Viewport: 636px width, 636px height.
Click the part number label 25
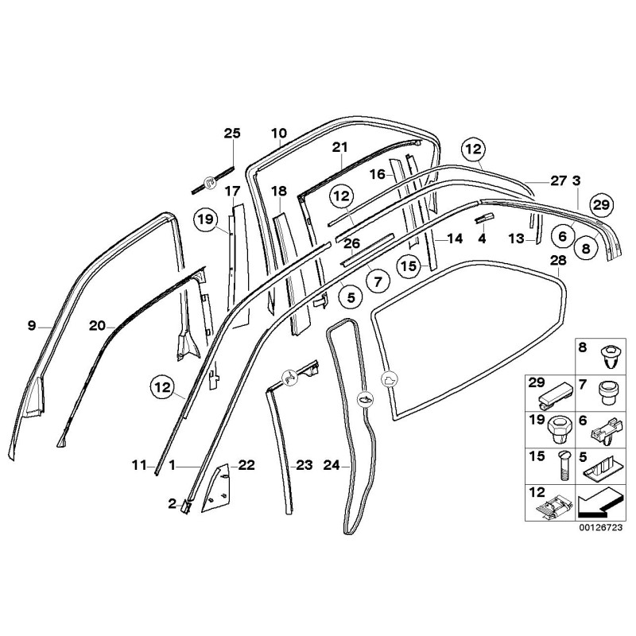(x=231, y=133)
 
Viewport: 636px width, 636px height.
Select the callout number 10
(x=278, y=133)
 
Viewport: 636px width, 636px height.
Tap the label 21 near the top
(x=340, y=147)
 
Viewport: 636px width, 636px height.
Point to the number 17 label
(x=231, y=191)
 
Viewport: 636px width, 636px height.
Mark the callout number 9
(x=32, y=324)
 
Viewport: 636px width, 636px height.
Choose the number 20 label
(x=97, y=324)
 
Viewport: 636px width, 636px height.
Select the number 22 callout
(x=246, y=465)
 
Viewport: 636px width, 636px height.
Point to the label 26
(x=351, y=243)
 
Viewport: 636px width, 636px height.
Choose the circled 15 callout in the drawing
(x=409, y=267)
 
